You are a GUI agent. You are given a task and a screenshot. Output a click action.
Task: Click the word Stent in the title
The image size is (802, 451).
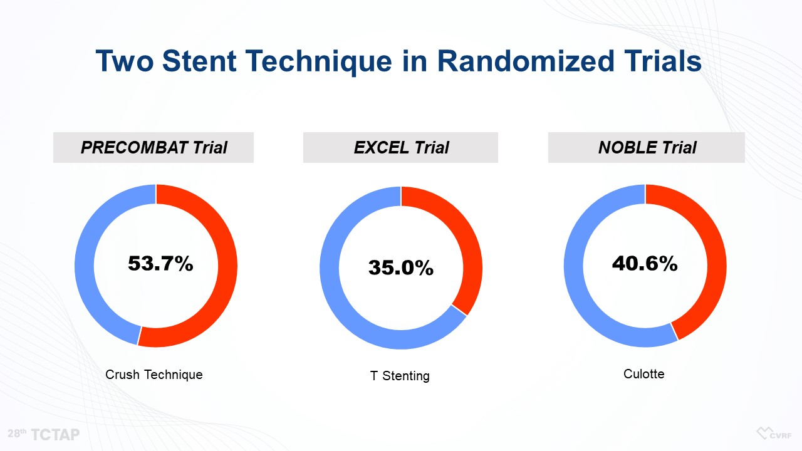click(x=199, y=61)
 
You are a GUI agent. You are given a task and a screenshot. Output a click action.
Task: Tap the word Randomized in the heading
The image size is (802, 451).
click(x=526, y=61)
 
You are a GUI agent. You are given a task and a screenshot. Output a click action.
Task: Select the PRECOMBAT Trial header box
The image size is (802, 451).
click(x=154, y=147)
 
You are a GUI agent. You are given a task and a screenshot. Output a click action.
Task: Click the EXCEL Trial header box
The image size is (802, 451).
click(x=400, y=147)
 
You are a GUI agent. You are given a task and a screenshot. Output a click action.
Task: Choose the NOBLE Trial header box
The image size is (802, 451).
click(x=646, y=147)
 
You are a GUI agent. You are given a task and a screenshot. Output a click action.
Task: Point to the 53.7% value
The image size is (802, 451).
click(x=160, y=264)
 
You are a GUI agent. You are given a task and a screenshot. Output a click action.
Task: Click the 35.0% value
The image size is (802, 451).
click(x=400, y=267)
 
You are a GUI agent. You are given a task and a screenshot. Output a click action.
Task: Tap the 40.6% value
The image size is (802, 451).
click(x=645, y=264)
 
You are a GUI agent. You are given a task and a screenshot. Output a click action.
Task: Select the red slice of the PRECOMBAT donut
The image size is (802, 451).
click(x=227, y=266)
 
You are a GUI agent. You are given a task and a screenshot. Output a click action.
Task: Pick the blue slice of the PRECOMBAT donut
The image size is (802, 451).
click(x=85, y=266)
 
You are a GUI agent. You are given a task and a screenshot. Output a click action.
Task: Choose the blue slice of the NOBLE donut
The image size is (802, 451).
click(x=573, y=266)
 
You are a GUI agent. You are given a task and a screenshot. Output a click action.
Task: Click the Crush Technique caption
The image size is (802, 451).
click(x=154, y=375)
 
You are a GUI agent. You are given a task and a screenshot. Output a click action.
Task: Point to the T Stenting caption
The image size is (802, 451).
click(x=400, y=376)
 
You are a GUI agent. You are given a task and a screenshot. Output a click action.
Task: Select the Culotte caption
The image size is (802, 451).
click(x=643, y=374)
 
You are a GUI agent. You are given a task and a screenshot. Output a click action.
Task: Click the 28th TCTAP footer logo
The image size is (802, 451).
click(x=44, y=435)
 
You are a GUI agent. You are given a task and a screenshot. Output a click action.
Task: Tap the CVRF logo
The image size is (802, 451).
click(x=774, y=433)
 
